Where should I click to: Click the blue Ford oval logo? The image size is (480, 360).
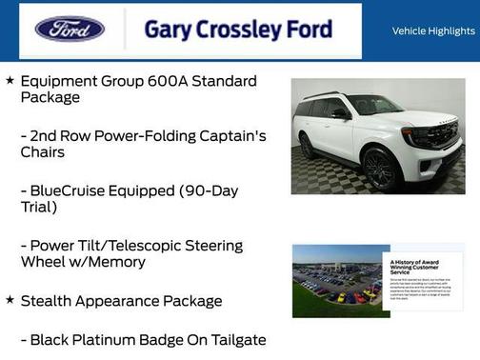70,30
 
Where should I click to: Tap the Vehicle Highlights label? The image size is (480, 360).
432,30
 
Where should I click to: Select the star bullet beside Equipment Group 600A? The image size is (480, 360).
10,80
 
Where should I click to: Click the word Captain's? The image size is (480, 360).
232,135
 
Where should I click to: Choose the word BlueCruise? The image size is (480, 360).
70,190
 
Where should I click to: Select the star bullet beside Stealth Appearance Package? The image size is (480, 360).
10,300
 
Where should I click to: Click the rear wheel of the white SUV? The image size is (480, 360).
307,147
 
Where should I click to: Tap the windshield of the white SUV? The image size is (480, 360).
374,105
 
